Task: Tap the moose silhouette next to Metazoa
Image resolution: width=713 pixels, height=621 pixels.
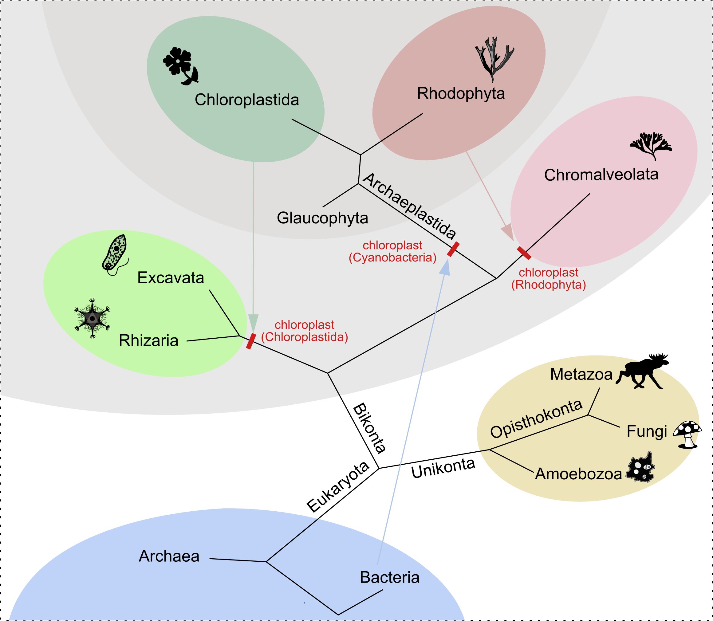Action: [642, 372]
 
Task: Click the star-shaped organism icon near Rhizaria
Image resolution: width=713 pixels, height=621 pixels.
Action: [92, 318]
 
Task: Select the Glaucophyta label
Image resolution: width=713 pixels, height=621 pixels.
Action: [322, 218]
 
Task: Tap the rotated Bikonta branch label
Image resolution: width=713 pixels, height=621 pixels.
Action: [369, 428]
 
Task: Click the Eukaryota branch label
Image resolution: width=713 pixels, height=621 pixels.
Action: [338, 487]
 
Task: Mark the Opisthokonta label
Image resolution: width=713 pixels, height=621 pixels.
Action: [536, 418]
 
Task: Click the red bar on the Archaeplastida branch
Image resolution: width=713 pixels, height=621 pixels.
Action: [453, 249]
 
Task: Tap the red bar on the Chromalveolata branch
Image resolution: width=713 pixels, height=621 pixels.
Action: [524, 253]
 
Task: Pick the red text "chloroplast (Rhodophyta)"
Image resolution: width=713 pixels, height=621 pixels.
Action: [548, 279]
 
